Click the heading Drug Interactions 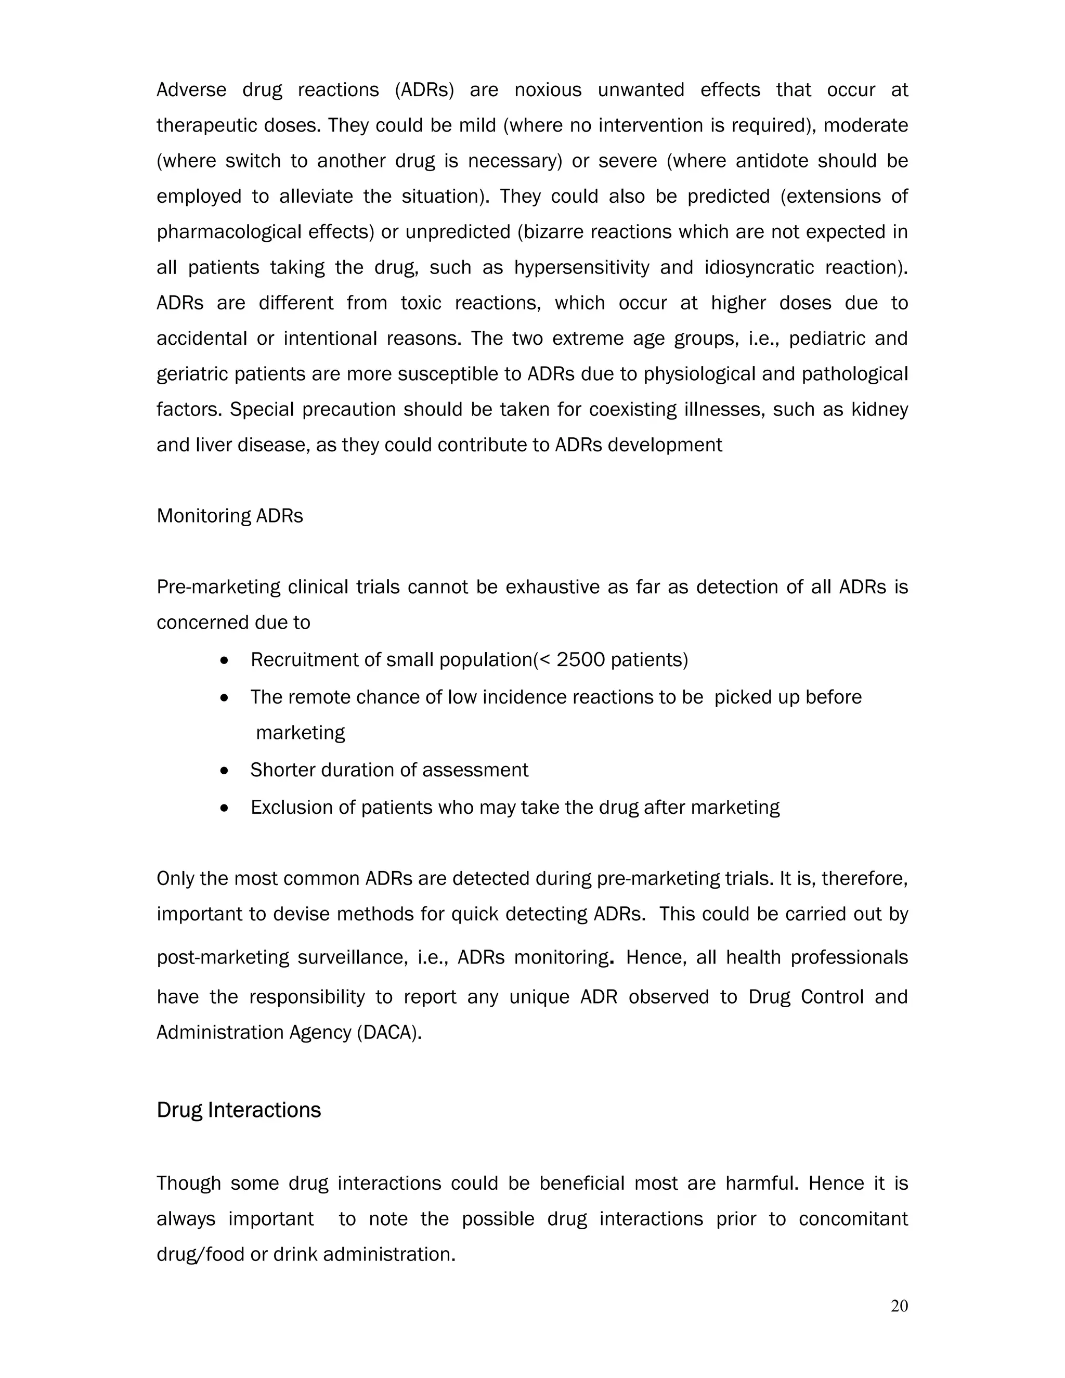(239, 1110)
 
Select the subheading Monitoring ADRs (230, 516)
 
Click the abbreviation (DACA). (388, 1032)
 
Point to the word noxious (548, 90)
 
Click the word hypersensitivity (581, 267)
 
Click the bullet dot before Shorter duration (224, 771)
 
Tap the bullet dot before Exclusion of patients (224, 808)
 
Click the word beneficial (582, 1183)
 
